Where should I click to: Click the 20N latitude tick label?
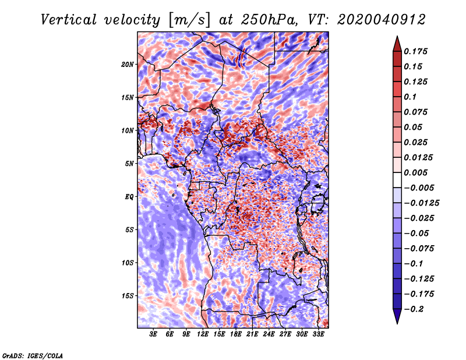(128, 64)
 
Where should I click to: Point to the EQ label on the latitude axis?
(130, 197)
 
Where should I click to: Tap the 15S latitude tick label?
(128, 296)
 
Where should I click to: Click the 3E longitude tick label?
(154, 334)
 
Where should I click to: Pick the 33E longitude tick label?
(317, 334)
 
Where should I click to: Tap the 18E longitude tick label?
(236, 334)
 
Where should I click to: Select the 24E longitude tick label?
(269, 334)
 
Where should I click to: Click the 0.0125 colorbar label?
(419, 158)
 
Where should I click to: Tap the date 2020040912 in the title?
(373, 20)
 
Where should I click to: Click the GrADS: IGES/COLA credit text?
(33, 355)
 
